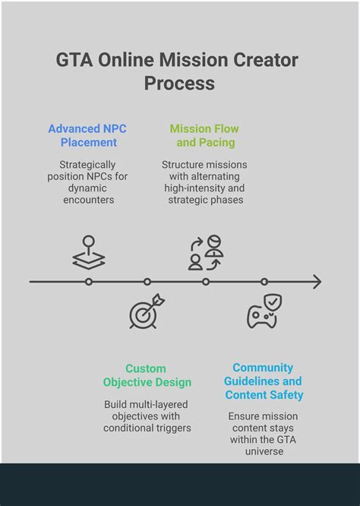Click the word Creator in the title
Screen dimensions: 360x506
point(266,60)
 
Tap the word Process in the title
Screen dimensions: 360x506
point(179,84)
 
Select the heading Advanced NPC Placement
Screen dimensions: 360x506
point(87,135)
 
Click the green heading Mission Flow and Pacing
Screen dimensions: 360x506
point(204,135)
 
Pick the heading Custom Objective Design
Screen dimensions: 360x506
point(147,375)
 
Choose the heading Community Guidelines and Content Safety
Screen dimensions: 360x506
point(264,381)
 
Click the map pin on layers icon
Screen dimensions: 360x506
point(89,252)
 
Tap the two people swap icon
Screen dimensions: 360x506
point(206,253)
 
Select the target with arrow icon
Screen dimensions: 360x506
point(147,312)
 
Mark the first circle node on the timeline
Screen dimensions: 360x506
point(89,282)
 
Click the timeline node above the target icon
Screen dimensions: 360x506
point(147,282)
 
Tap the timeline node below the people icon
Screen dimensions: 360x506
point(206,282)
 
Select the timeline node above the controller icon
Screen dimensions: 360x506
point(264,282)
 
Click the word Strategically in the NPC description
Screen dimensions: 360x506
point(87,165)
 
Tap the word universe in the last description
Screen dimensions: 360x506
point(264,451)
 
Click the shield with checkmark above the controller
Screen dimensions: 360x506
point(273,302)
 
